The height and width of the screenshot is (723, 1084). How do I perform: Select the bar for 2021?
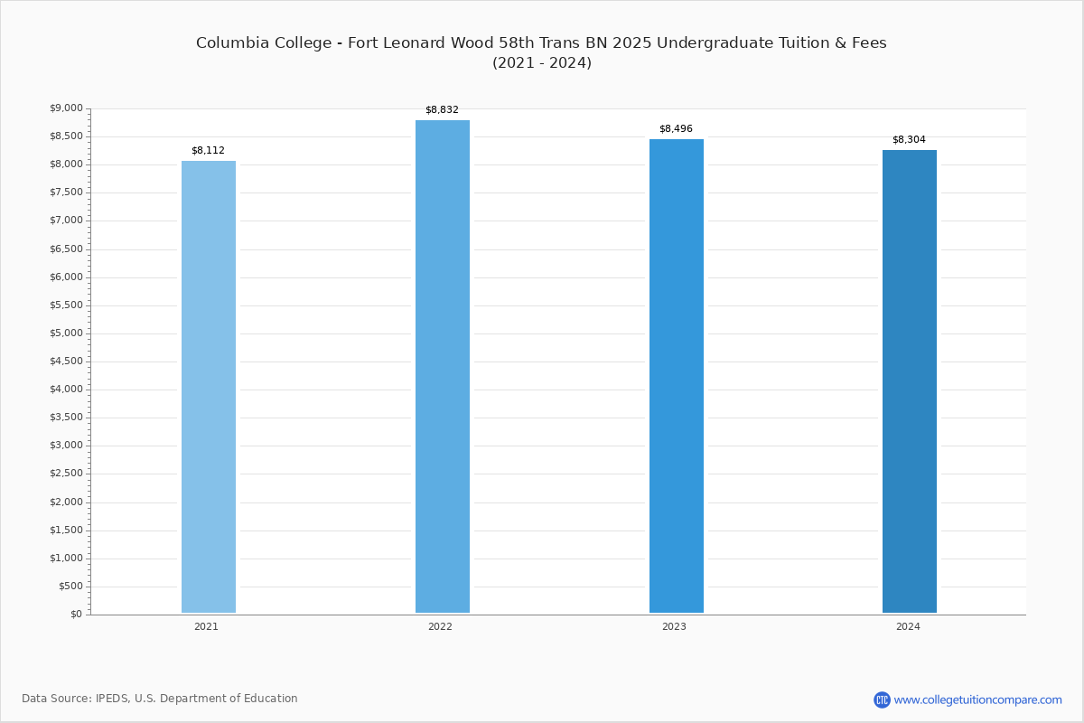209,387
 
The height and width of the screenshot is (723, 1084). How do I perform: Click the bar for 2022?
443,367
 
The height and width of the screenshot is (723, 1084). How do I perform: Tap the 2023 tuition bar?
676,376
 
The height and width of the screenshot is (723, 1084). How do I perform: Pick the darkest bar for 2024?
910,381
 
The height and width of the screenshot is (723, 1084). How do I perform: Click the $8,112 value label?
208,151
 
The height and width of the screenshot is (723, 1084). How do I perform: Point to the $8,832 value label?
442,110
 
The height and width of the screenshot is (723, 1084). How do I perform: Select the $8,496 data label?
676,129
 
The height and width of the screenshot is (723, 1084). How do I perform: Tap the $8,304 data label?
909,139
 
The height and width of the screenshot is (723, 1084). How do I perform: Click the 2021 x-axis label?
206,626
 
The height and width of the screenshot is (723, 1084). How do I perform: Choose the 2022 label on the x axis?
440,626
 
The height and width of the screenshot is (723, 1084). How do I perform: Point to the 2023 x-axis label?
674,626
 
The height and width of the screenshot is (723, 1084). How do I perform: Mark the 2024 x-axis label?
908,626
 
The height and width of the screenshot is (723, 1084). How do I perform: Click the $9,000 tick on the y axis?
66,108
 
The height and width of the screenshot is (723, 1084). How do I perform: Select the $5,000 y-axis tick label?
66,333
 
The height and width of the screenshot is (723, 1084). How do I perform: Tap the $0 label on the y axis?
77,614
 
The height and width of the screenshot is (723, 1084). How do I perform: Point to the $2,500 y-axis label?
66,474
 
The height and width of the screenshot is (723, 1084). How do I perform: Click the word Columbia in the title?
233,42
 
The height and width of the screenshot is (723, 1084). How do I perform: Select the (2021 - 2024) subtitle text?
542,63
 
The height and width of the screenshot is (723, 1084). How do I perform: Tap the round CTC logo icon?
882,700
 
